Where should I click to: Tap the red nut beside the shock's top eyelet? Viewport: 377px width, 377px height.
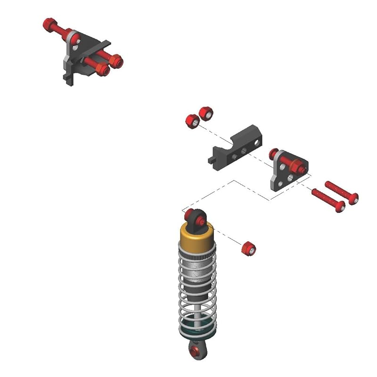(x=248, y=248)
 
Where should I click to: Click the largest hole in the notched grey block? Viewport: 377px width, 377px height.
(x=257, y=141)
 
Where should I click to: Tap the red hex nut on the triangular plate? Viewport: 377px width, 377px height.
(x=298, y=166)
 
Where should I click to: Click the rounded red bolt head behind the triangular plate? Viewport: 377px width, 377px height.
(x=274, y=154)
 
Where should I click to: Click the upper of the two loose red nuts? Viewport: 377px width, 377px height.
(x=206, y=113)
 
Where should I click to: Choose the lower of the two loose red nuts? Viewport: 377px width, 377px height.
(x=192, y=121)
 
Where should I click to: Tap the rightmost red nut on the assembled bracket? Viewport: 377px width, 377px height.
(x=116, y=61)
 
